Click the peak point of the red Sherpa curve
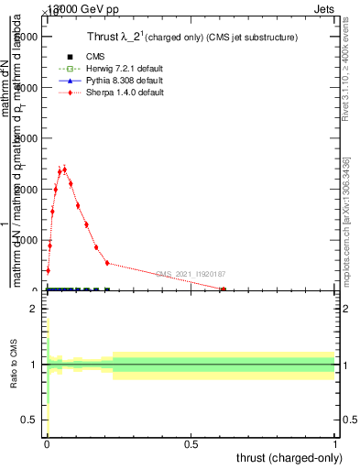point(64,169)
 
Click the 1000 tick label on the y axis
point(29,240)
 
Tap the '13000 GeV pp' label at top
point(74,6)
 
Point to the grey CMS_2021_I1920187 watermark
point(190,274)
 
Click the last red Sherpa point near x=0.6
point(223,289)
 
